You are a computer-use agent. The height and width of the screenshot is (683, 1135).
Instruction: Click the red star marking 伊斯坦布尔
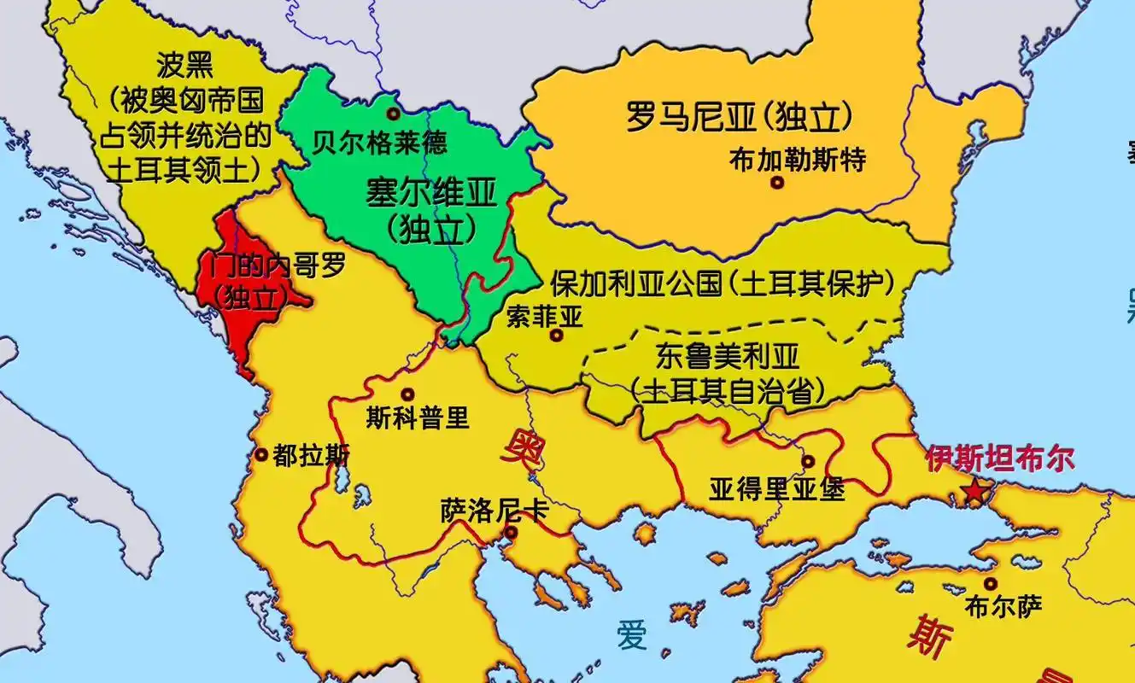click(974, 492)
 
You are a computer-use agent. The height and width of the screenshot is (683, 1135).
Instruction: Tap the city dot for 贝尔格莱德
click(393, 114)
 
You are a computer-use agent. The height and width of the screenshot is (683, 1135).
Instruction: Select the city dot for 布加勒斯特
click(776, 182)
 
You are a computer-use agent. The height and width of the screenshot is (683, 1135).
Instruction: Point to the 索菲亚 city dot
click(556, 336)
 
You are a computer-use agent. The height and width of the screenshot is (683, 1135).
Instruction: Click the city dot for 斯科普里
click(407, 394)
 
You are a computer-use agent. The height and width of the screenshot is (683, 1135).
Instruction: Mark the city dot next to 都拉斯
click(260, 455)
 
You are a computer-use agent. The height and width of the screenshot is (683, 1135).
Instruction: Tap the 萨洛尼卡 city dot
click(510, 533)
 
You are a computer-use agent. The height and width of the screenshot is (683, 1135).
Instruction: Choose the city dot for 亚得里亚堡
click(807, 462)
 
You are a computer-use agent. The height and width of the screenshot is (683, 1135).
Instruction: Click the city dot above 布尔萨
click(990, 584)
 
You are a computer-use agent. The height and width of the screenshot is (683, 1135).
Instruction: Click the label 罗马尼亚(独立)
click(740, 118)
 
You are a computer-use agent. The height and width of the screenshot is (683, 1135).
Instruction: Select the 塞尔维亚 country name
click(430, 194)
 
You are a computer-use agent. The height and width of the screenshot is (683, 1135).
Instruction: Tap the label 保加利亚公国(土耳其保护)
click(722, 282)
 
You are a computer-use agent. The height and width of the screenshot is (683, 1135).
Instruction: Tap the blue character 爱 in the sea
click(633, 635)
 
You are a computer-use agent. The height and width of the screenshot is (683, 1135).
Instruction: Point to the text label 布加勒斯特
click(798, 159)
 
